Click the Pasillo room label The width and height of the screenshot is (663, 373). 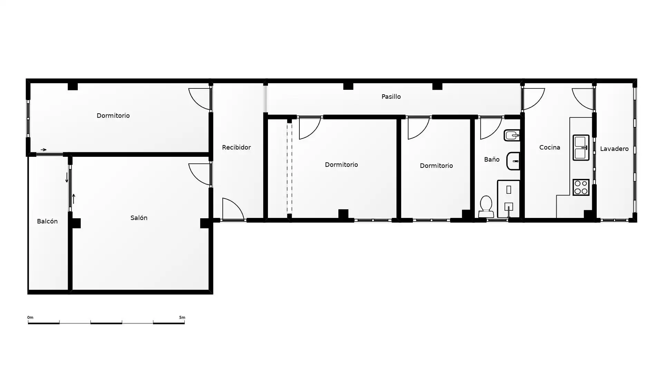tap(391, 97)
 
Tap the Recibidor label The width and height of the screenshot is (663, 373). tap(236, 147)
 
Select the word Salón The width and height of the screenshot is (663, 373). tap(139, 218)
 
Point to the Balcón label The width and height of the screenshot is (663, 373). tap(47, 221)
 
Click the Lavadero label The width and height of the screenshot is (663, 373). tap(614, 149)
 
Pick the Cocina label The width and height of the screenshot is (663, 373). tap(550, 147)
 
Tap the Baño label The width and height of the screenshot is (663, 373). tap(492, 159)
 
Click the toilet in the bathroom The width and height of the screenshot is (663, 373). tap(486, 207)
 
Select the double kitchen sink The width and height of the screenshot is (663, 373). tap(581, 147)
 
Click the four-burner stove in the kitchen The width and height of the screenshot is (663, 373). tap(581, 187)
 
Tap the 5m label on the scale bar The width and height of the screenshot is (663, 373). tap(182, 317)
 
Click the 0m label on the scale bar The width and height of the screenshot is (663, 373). tap(30, 317)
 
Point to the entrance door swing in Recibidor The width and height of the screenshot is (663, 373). tap(233, 209)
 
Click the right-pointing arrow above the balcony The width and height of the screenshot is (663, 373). tap(44, 150)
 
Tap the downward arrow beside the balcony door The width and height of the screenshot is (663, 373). tap(67, 178)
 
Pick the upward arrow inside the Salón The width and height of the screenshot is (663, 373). tap(73, 199)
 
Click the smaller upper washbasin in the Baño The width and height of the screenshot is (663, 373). tap(512, 135)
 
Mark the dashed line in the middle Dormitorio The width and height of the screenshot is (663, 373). tap(289, 168)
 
